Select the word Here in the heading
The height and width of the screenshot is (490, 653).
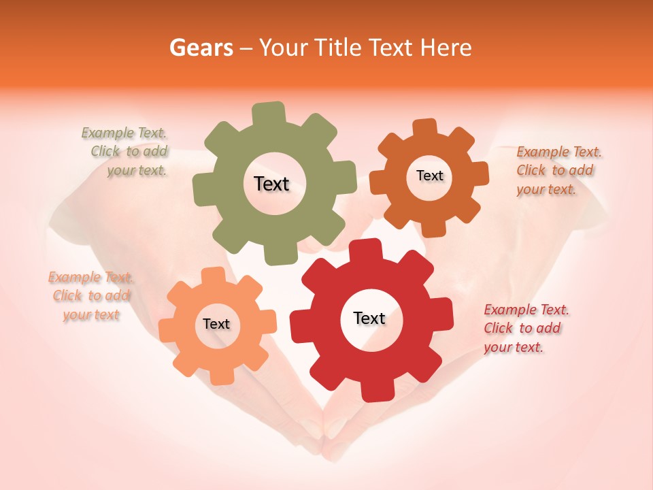pos(446,48)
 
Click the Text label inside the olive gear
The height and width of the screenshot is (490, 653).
pos(271,184)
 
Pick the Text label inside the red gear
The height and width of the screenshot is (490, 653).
pos(369,318)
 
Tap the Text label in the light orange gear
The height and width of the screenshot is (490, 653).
pos(216,324)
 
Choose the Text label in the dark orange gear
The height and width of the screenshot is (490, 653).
pos(429,176)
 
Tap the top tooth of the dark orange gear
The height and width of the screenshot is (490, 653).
pos(425,127)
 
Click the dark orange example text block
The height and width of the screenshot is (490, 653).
pos(558,170)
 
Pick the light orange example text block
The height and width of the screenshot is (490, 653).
pos(90,296)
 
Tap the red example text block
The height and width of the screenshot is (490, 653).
pos(525,328)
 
